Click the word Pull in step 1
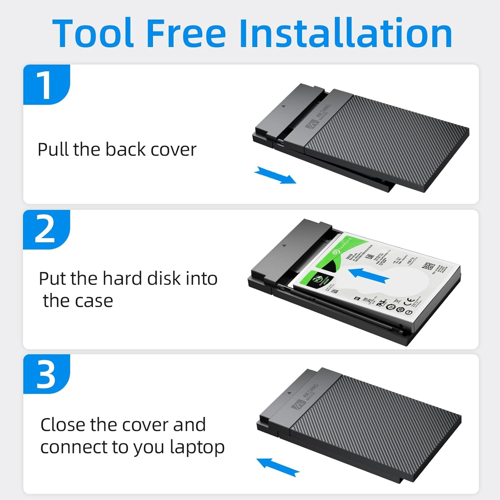pyautogui.click(x=53, y=149)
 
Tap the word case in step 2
pyautogui.click(x=94, y=301)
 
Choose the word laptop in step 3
pyautogui.click(x=197, y=447)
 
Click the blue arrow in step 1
pyautogui.click(x=275, y=175)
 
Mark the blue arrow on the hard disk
pyautogui.click(x=368, y=275)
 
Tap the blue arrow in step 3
pyautogui.click(x=278, y=467)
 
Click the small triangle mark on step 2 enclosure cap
pyautogui.click(x=284, y=245)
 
